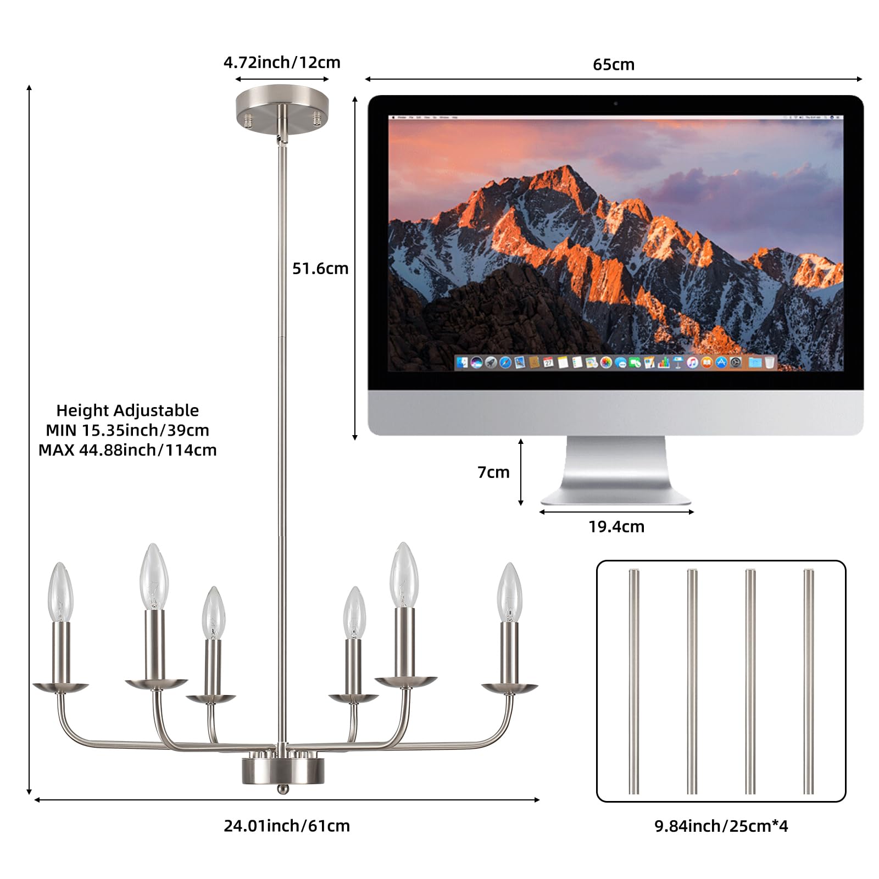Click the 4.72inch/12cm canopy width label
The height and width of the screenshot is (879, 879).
click(x=282, y=63)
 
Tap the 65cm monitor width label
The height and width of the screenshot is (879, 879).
click(x=614, y=65)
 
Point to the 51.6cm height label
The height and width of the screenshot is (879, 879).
click(x=320, y=269)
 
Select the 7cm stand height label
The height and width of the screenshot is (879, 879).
click(x=493, y=472)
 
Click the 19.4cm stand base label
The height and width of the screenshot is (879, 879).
click(x=616, y=527)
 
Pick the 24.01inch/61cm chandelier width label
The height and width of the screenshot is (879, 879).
click(x=287, y=826)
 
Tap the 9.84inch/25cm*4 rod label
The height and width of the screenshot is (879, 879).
click(x=721, y=826)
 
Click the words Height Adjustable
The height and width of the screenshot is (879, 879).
click(x=127, y=410)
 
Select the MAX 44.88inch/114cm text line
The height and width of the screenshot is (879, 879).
click(x=127, y=450)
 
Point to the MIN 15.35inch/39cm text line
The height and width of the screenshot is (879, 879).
click(x=127, y=430)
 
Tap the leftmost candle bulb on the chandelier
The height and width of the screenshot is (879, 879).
click(x=61, y=592)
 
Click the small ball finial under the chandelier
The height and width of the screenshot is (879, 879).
click(x=282, y=789)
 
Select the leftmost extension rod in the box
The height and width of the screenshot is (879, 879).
click(x=634, y=681)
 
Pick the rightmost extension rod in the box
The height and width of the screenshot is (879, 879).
click(x=808, y=681)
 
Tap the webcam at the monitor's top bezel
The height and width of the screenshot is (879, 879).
click(x=615, y=103)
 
